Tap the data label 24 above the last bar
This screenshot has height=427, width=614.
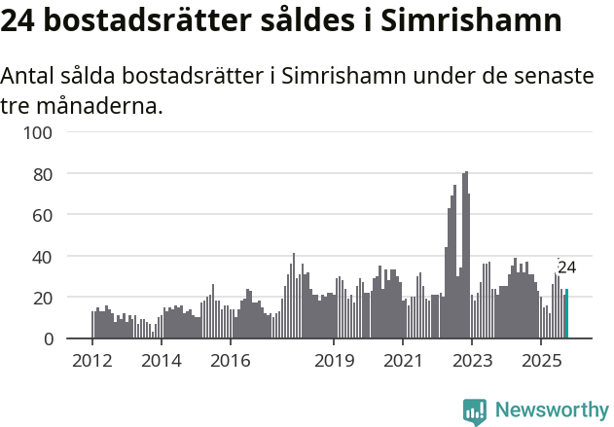[566, 267]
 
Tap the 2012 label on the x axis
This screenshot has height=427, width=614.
[92, 362]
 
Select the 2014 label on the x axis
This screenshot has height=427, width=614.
[162, 362]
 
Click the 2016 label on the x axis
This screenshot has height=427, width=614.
[230, 362]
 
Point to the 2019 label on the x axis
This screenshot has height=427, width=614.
[334, 362]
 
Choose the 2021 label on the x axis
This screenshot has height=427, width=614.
[402, 362]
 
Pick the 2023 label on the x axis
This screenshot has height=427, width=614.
[471, 362]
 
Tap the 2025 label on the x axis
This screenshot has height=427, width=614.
[540, 362]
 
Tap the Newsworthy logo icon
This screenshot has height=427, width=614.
[475, 410]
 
